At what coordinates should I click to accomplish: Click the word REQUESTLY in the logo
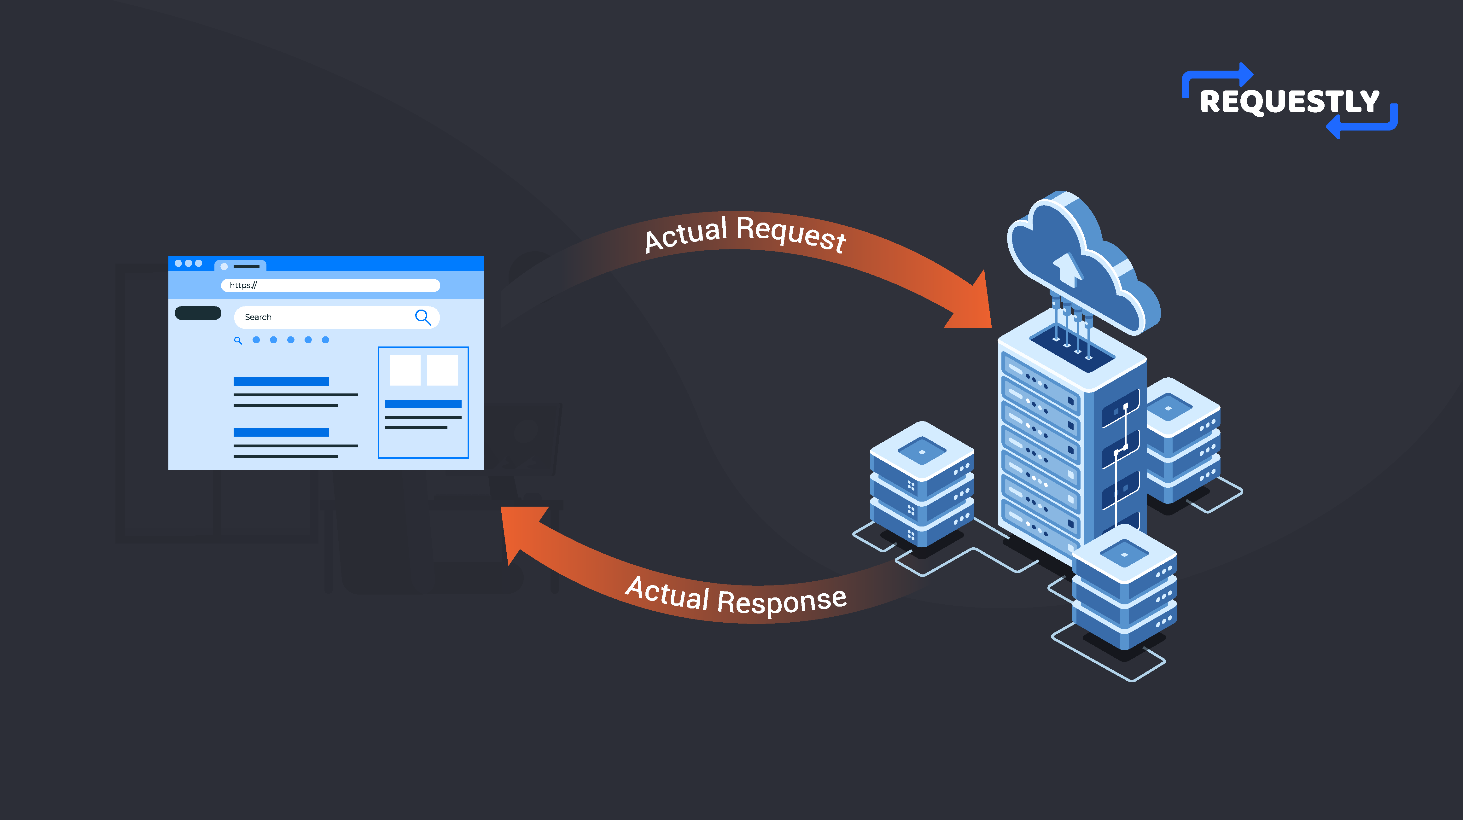tap(1289, 102)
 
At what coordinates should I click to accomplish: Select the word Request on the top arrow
tap(790, 234)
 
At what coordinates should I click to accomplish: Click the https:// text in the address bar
tap(243, 285)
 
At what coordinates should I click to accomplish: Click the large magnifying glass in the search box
tap(423, 317)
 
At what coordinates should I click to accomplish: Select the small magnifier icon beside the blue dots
tap(238, 341)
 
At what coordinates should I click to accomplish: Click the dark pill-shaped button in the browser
tap(198, 313)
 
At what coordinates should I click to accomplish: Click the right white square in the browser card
tap(442, 370)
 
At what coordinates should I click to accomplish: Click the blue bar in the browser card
tap(423, 404)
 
